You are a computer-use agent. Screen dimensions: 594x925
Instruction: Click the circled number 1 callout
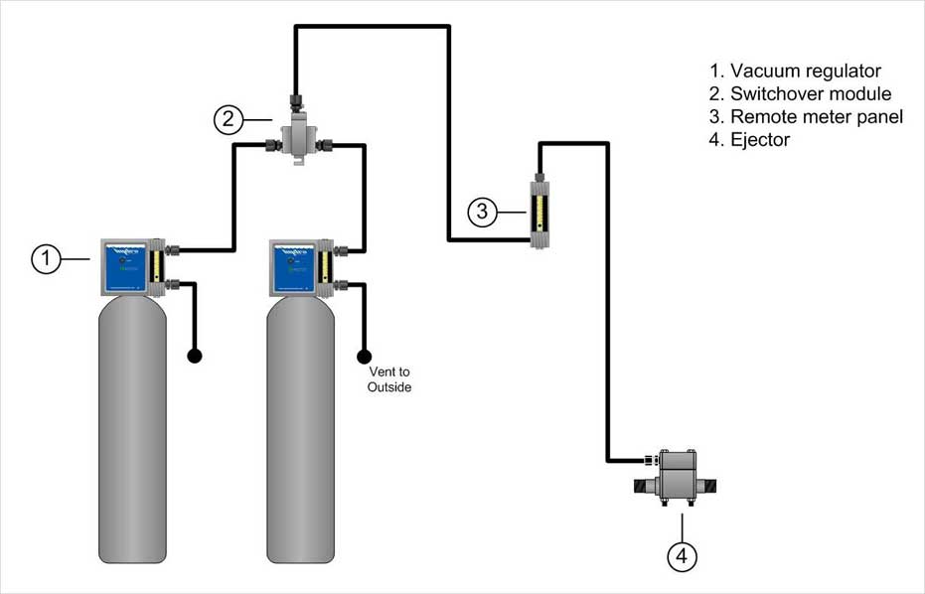pyautogui.click(x=46, y=259)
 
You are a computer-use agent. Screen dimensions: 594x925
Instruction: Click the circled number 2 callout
pyautogui.click(x=229, y=119)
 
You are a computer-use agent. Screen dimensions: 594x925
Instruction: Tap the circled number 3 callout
pyautogui.click(x=482, y=212)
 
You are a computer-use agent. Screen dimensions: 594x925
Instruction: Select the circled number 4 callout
pyautogui.click(x=681, y=557)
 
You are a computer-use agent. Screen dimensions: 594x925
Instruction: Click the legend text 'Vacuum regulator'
pyautogui.click(x=805, y=72)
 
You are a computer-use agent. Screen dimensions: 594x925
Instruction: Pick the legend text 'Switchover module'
pyautogui.click(x=810, y=94)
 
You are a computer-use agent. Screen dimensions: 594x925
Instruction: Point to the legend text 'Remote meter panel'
pyautogui.click(x=816, y=117)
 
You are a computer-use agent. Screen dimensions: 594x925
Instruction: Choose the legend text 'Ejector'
pyautogui.click(x=760, y=140)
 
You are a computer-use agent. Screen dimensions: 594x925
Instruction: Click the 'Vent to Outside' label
pyautogui.click(x=388, y=379)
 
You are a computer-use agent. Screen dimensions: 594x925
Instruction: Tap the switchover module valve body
pyautogui.click(x=297, y=140)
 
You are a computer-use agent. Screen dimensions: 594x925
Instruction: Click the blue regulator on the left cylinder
pyautogui.click(x=124, y=267)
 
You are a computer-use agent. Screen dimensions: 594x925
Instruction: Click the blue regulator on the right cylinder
pyautogui.click(x=293, y=267)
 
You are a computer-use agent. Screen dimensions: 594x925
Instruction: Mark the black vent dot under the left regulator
pyautogui.click(x=195, y=355)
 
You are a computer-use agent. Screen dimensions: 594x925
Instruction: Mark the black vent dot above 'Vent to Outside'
pyautogui.click(x=365, y=355)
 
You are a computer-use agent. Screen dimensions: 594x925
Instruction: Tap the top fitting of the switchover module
pyautogui.click(x=296, y=102)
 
